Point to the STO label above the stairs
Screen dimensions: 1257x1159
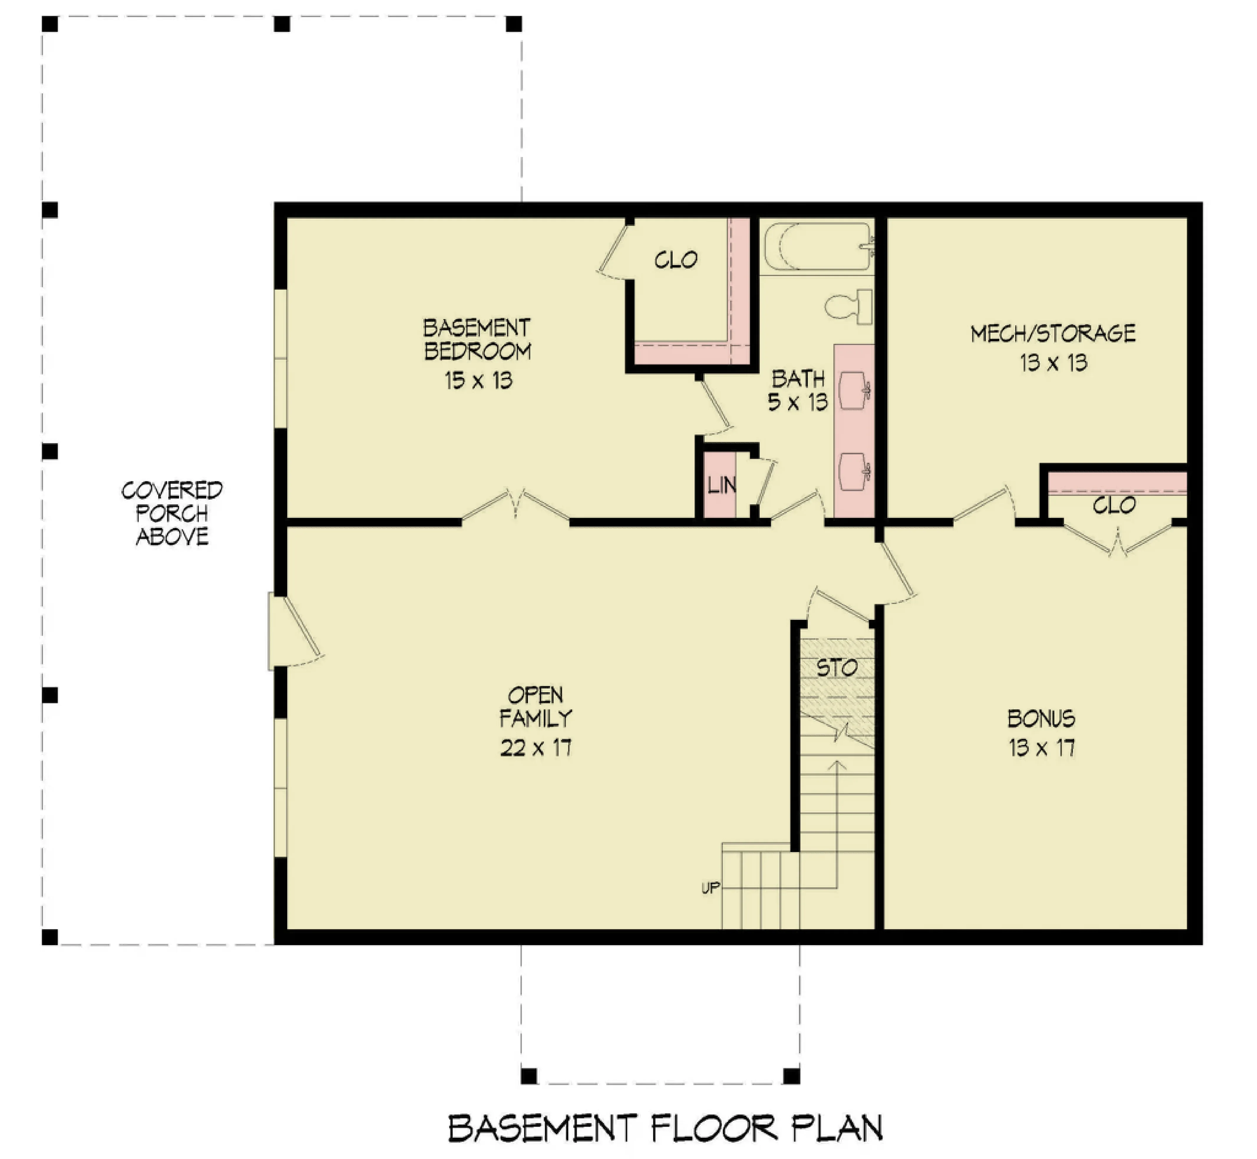[x=837, y=667]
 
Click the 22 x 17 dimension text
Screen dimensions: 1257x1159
[x=536, y=748]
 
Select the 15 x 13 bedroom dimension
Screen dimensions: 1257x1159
[x=479, y=380]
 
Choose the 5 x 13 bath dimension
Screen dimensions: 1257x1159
[x=798, y=402]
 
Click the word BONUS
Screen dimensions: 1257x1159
[x=1041, y=718]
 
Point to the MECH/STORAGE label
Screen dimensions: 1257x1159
[x=1053, y=333]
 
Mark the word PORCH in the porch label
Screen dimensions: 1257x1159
[x=172, y=513]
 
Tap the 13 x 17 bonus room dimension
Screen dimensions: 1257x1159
[x=1041, y=748]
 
